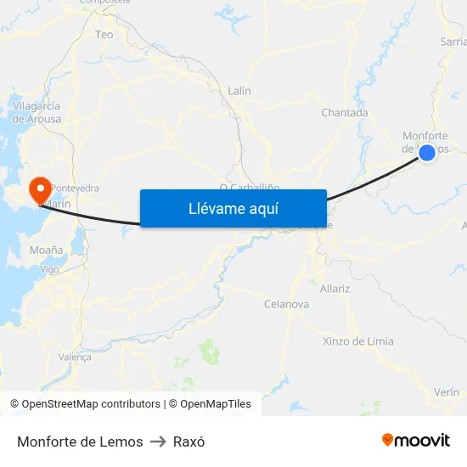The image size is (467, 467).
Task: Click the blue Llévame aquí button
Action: point(233,208)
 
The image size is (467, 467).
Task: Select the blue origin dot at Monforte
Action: point(427,152)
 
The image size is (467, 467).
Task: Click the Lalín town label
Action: point(239,91)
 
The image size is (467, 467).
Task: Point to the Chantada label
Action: point(344,113)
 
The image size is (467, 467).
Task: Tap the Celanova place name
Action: point(286,304)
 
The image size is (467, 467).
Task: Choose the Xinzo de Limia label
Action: point(357,341)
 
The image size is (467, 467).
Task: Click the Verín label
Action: point(446,392)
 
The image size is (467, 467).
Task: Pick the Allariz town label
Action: point(335,289)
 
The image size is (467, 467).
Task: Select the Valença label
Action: point(75,357)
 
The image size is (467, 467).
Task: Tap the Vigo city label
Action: point(50,269)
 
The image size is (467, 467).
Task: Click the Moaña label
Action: point(46,250)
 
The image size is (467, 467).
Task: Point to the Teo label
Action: point(104,35)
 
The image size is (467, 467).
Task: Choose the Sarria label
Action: point(453,41)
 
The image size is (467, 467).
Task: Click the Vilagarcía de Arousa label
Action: point(36,112)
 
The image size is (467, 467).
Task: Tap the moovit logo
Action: point(416,440)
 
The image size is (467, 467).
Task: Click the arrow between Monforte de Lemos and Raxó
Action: point(158,442)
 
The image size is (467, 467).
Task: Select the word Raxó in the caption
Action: point(188,442)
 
